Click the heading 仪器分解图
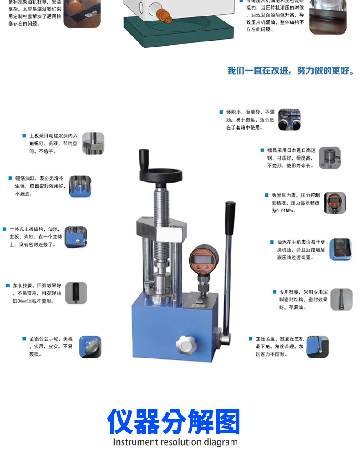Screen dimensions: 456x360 click(x=174, y=422)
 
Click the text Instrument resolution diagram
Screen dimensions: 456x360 click(x=175, y=442)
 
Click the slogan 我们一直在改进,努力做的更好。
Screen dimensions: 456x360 click(x=290, y=71)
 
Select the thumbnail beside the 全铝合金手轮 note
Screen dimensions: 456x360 click(x=90, y=347)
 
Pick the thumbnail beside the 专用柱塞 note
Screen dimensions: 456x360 click(x=341, y=299)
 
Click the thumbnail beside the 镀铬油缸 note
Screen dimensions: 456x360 click(x=80, y=187)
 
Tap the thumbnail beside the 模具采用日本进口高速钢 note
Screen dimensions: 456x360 click(x=329, y=158)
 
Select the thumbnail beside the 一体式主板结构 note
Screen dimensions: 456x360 click(x=75, y=237)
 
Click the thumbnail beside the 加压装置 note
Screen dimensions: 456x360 click(x=317, y=347)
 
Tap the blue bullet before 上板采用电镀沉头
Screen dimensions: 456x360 click(x=24, y=135)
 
